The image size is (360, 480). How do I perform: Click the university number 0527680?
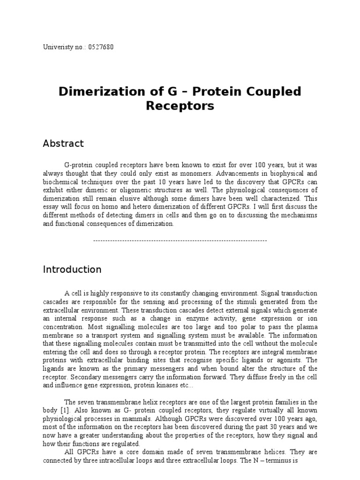pos(99,47)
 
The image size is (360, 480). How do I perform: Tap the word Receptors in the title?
pos(180,106)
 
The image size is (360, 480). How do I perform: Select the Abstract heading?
pos(63,143)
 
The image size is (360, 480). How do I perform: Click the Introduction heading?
pos(72,270)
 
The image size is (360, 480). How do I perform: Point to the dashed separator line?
pos(180,240)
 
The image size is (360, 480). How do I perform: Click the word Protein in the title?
pos(205,91)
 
